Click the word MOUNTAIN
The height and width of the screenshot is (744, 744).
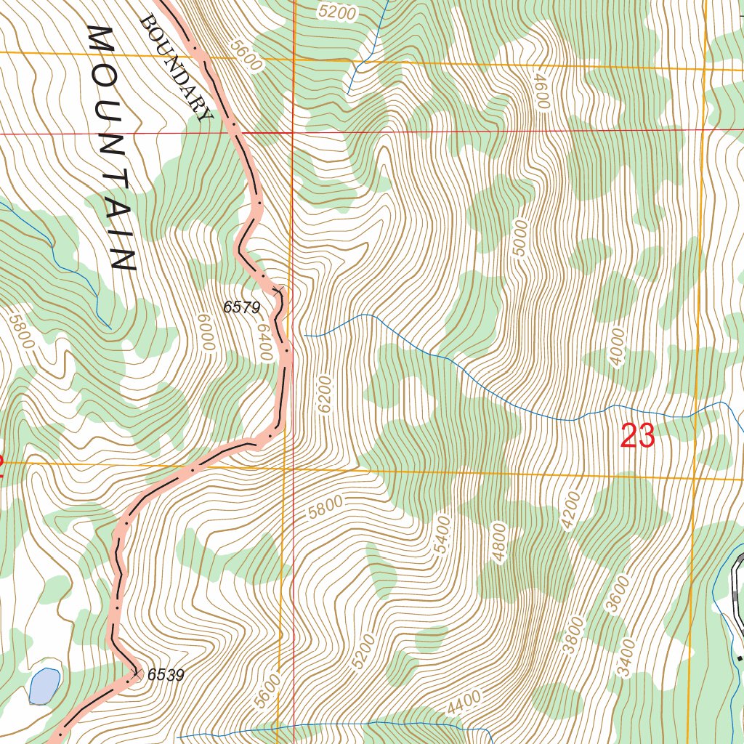[113, 149]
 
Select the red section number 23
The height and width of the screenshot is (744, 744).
[637, 437]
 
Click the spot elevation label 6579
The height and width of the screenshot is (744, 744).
[241, 307]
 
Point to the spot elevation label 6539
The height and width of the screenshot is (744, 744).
[166, 675]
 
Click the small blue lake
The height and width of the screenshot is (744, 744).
[44, 686]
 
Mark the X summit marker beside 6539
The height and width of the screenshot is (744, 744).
[137, 674]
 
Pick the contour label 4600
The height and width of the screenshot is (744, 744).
[539, 91]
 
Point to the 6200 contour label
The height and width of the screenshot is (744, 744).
[324, 395]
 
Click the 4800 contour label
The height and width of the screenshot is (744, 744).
[498, 542]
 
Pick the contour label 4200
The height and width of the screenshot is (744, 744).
[572, 511]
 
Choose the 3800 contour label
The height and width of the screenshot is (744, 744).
[573, 634]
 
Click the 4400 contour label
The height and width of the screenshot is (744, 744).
[464, 701]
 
